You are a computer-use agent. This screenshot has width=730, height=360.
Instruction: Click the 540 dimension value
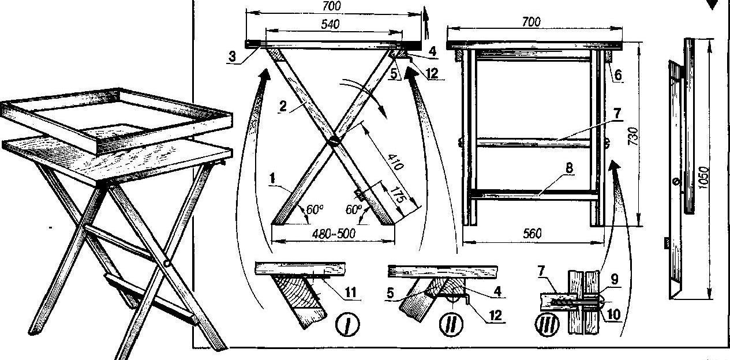330,24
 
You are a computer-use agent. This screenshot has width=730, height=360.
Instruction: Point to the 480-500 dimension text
334,234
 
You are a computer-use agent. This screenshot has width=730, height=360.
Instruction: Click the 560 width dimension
532,234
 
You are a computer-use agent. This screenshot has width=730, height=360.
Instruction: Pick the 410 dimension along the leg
396,162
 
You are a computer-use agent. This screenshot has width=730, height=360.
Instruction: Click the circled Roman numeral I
348,324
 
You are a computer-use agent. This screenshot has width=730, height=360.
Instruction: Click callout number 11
351,292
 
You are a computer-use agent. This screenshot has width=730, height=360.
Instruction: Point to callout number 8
570,168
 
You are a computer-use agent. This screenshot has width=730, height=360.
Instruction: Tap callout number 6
618,75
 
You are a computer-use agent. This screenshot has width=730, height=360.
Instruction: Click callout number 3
232,57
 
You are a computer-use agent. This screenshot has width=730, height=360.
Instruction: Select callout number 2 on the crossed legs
283,106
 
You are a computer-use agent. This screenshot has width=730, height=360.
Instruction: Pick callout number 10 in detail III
613,314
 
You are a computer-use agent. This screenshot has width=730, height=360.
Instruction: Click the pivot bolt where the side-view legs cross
334,141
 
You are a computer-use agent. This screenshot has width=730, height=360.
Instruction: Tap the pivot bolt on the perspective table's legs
167,263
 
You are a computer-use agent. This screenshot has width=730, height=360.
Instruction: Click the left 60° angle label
314,209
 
